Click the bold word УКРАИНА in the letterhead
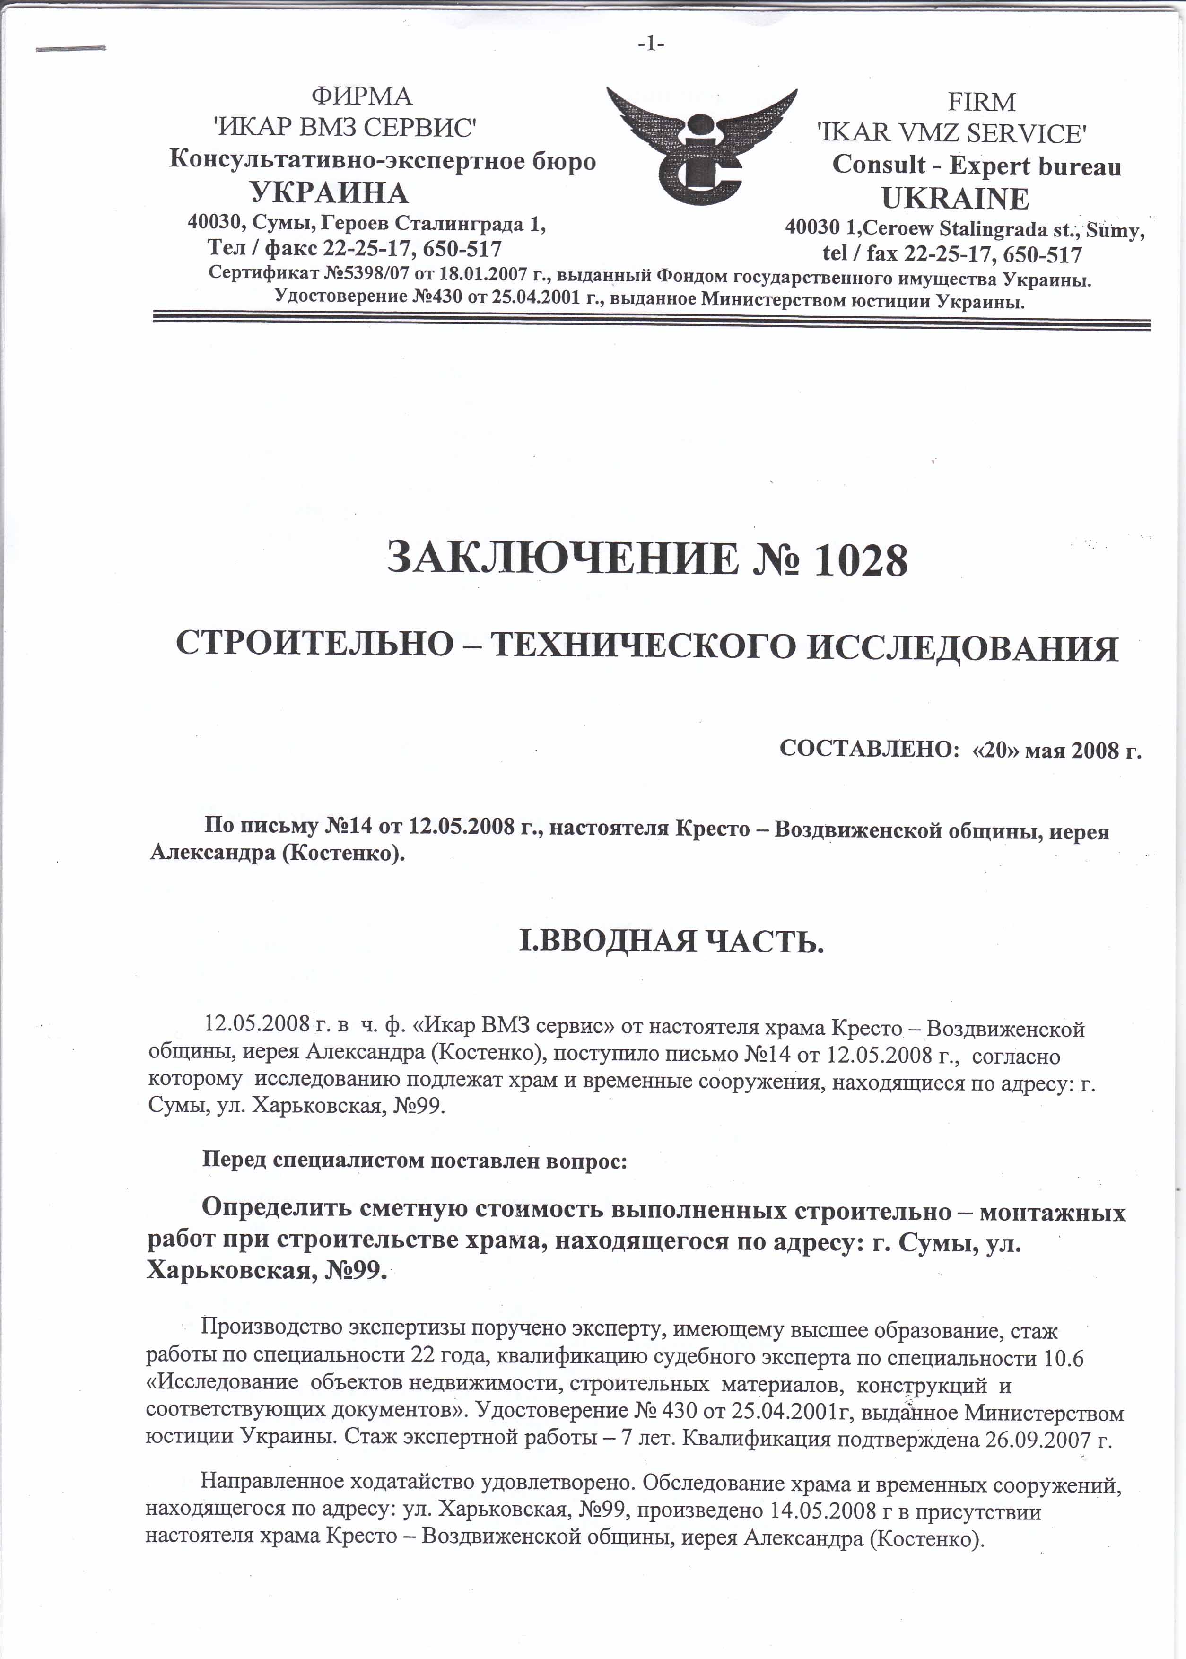(x=329, y=193)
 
